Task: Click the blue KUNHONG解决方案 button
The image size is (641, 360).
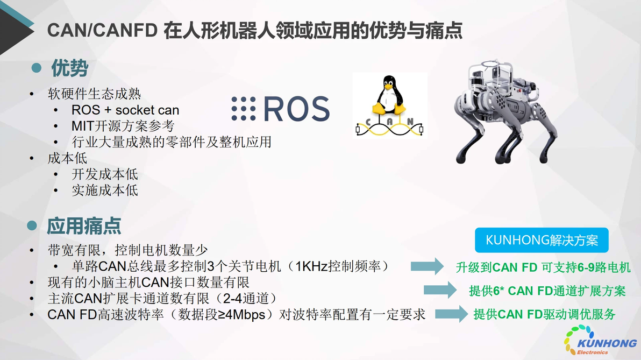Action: [x=542, y=240]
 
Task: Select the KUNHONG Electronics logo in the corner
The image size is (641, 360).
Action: [x=600, y=340]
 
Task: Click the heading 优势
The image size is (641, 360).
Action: [x=69, y=68]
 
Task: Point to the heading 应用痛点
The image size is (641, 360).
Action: [x=84, y=226]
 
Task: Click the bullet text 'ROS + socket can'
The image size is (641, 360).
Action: [x=125, y=110]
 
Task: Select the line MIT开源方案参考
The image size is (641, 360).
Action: [x=123, y=126]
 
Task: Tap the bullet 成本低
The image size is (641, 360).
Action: [x=67, y=158]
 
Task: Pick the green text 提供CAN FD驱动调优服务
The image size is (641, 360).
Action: [x=544, y=315]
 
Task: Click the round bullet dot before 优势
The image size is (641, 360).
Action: [x=37, y=68]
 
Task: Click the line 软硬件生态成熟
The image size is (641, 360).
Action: [x=94, y=94]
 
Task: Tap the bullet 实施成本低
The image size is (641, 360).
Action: [x=105, y=190]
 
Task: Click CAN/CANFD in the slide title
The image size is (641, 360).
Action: [x=102, y=30]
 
